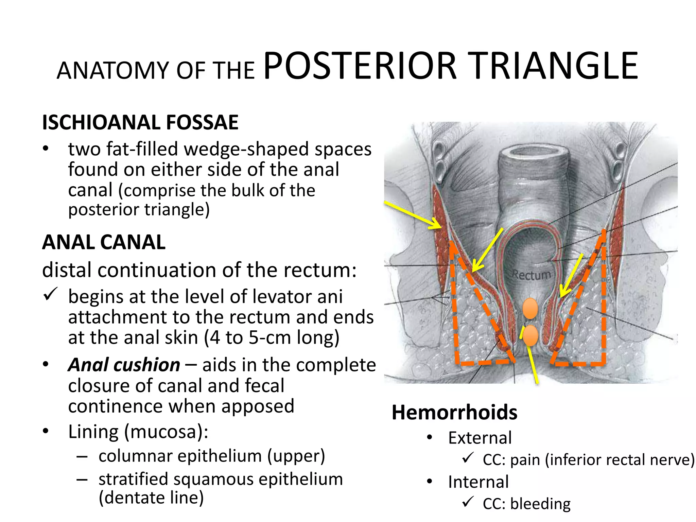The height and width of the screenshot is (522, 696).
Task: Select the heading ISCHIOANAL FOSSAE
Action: click(x=140, y=122)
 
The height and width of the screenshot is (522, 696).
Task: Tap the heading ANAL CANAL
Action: click(x=104, y=242)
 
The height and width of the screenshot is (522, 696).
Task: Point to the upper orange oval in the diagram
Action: click(x=530, y=309)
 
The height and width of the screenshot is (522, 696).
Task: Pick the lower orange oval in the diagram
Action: click(x=530, y=335)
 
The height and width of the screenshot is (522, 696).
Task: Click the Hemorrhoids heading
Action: click(x=454, y=413)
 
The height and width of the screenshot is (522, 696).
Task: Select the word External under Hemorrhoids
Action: click(x=480, y=438)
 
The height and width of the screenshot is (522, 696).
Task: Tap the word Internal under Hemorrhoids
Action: click(x=478, y=482)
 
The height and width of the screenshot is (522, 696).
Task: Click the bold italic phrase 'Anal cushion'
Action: click(x=124, y=365)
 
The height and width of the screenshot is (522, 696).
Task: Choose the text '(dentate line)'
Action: click(x=151, y=498)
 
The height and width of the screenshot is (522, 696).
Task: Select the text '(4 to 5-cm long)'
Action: click(x=272, y=338)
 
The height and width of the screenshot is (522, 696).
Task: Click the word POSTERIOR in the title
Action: click(x=360, y=66)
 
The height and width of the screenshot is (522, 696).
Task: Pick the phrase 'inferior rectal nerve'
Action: click(x=619, y=460)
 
